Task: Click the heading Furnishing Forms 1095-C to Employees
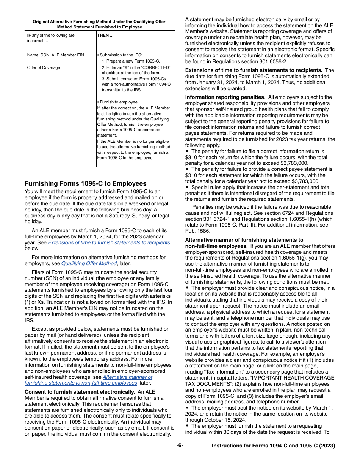tap(85, 184)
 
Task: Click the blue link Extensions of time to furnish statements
tap(109, 242)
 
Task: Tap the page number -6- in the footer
tap(180, 446)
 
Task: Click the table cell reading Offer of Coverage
tap(44, 67)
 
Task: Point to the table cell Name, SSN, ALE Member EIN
tap(56, 55)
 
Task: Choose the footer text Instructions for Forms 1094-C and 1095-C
tap(273, 446)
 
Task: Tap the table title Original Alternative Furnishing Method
tap(99, 22)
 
